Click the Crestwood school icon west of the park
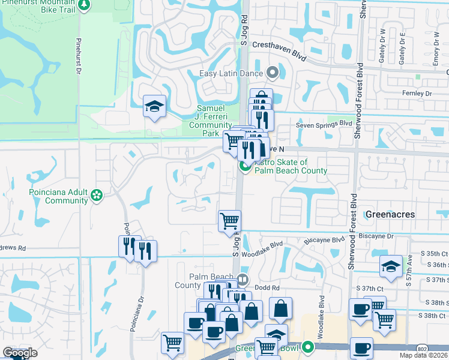click(155, 107)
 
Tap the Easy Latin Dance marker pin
click(272, 74)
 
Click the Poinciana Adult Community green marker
click(96, 195)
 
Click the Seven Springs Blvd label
click(324, 124)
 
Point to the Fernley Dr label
click(417, 94)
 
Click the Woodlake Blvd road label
click(268, 245)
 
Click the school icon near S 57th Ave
click(391, 266)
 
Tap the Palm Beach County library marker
click(243, 278)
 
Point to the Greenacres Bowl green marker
click(308, 346)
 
